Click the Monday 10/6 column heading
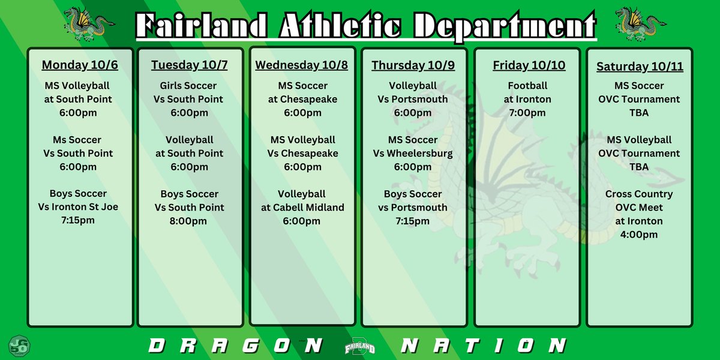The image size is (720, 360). point(80,65)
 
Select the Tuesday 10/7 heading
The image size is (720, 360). point(189,65)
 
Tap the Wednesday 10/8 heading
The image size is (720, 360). point(302,65)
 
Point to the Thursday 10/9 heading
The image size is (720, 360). point(412,65)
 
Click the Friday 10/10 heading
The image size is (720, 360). point(529,65)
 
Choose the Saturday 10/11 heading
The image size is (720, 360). point(640,67)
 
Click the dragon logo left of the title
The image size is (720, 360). point(88,23)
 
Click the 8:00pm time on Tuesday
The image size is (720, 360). point(189,221)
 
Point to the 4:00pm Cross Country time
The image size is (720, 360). point(640,235)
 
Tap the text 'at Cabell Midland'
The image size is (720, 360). point(302,208)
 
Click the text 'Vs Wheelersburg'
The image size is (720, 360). point(413,154)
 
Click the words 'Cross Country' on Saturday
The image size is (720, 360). point(640,194)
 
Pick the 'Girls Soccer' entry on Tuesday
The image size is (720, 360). point(189,86)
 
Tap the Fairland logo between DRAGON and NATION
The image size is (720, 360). point(360,347)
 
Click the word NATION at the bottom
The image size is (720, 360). point(483,346)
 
